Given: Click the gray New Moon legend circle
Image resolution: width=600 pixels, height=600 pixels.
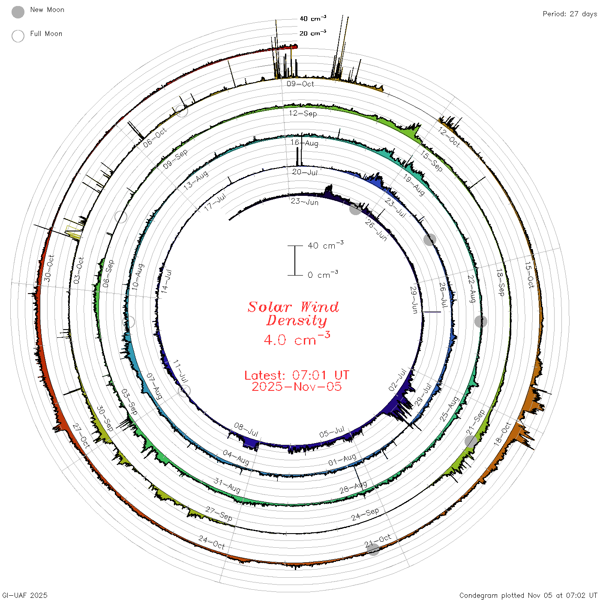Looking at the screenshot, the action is coord(18,12).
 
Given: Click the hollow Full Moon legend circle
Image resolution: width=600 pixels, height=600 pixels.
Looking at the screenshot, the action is coord(18,36).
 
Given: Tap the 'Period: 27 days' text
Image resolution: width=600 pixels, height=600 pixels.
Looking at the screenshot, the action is coord(570,14).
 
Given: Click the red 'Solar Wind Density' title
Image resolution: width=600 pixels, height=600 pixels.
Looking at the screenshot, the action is coord(293,314).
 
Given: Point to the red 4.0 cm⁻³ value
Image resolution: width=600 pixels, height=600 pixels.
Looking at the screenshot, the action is coord(297,339).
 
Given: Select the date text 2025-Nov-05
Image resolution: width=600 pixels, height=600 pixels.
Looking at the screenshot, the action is coord(297,387).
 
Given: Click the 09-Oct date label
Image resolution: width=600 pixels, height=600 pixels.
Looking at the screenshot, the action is coord(300,84).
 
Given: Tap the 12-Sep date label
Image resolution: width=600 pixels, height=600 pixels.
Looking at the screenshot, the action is coord(303,113).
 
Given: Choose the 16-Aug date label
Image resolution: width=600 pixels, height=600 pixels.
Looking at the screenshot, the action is coord(304,143).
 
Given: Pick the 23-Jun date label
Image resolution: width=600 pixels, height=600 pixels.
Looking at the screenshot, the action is coord(305,201).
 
